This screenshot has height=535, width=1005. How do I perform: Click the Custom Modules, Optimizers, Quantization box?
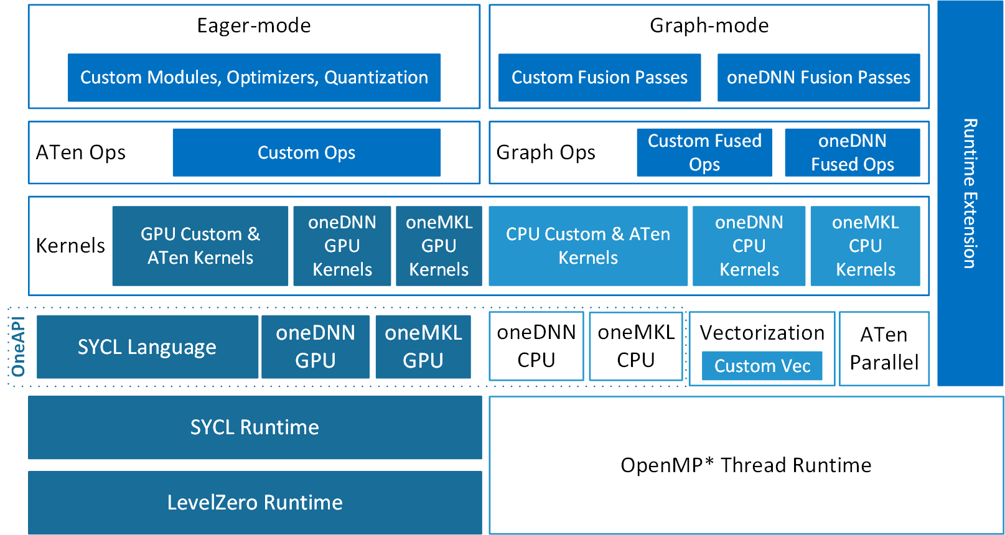click(254, 77)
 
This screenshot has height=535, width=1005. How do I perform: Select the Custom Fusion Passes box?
click(599, 77)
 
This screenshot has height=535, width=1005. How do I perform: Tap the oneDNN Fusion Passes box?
click(818, 77)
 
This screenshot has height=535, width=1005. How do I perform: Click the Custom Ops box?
click(306, 152)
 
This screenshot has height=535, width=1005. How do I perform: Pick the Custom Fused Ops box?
click(704, 152)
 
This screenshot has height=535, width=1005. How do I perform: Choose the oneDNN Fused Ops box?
click(852, 152)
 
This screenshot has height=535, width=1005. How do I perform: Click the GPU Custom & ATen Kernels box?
click(200, 246)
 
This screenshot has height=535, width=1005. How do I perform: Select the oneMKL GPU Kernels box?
click(439, 246)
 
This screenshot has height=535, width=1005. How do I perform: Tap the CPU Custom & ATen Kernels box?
click(587, 246)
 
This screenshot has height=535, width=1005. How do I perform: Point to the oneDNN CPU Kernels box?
click(749, 246)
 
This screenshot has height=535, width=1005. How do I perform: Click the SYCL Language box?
click(147, 347)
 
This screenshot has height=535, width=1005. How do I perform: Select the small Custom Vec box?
click(762, 366)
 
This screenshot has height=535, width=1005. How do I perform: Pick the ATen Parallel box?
click(884, 348)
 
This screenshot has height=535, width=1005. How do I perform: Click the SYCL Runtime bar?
click(255, 427)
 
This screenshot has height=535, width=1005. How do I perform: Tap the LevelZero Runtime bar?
click(255, 502)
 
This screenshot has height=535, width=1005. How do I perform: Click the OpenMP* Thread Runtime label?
click(746, 465)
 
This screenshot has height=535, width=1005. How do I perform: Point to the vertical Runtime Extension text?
click(970, 193)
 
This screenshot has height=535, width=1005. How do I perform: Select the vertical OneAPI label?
click(18, 347)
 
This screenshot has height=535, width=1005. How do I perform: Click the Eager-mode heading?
click(254, 26)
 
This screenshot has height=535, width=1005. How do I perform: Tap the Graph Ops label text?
click(546, 152)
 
